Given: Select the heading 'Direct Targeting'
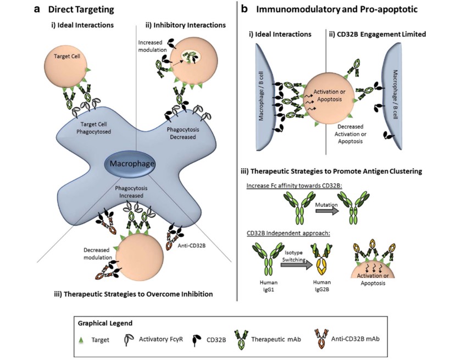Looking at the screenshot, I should (x=81, y=9).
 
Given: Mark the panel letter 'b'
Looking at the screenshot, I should (x=245, y=9).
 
